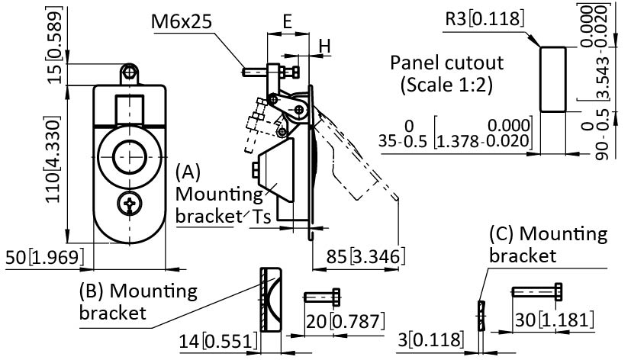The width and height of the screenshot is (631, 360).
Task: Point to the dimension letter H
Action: (324, 46)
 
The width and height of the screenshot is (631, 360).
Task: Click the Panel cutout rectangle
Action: (553, 78)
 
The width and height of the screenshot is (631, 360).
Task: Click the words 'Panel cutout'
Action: (446, 63)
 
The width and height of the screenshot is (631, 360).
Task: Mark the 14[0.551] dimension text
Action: (218, 341)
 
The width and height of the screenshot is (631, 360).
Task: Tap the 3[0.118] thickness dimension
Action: (433, 339)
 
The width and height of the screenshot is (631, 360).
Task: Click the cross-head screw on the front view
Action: (130, 204)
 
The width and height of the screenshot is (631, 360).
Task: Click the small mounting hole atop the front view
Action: (131, 71)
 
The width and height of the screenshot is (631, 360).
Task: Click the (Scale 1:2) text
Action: (447, 85)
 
